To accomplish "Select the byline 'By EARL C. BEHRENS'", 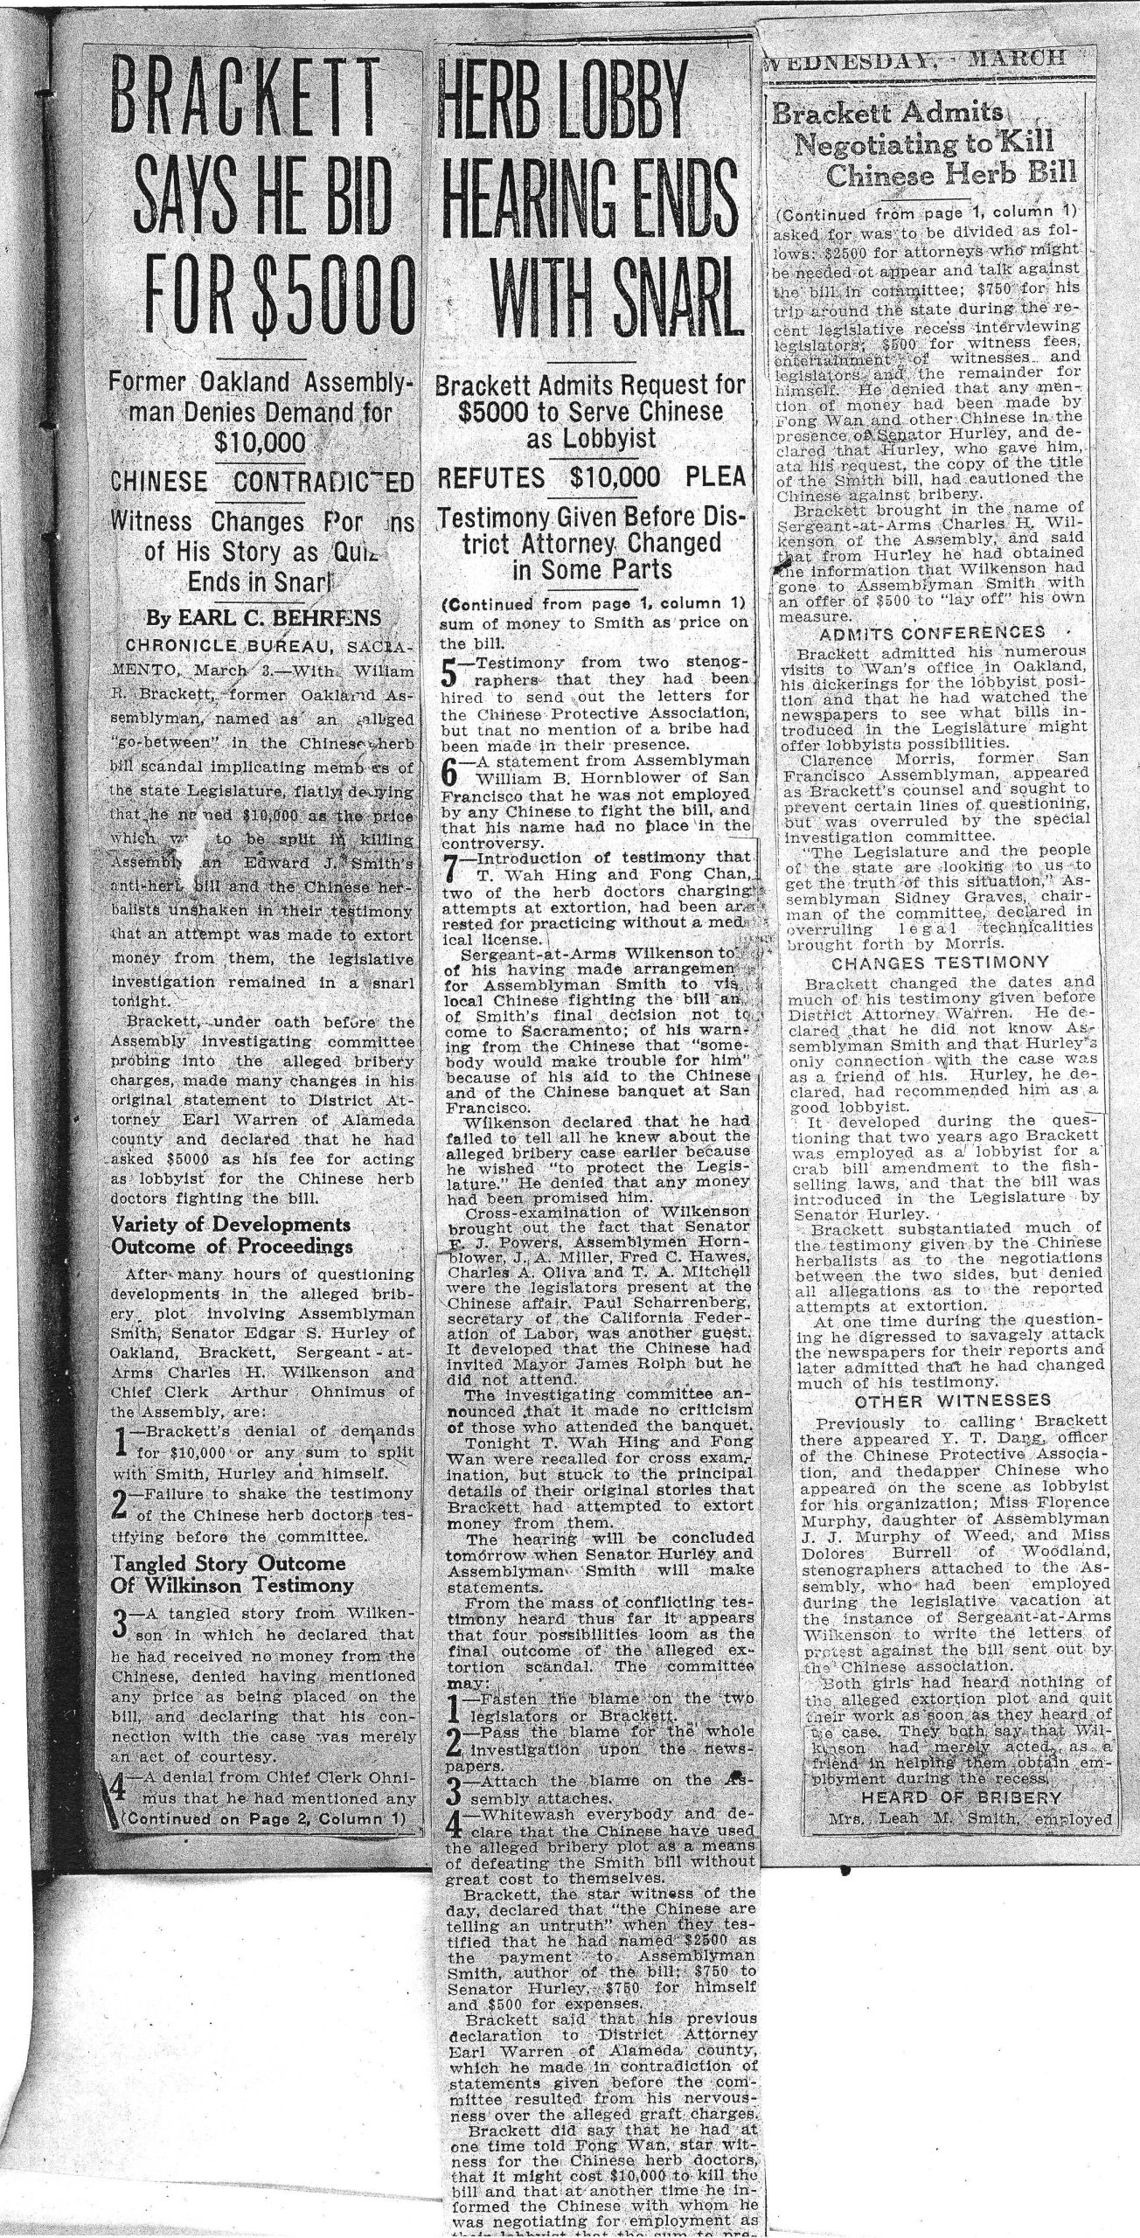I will [263, 618].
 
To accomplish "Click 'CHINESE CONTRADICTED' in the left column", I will [263, 482].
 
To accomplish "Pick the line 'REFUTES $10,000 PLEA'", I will [592, 477].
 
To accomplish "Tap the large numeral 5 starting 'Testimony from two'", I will [450, 673].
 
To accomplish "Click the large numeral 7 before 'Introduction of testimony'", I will [450, 867].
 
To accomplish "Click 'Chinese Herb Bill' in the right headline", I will [951, 174].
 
